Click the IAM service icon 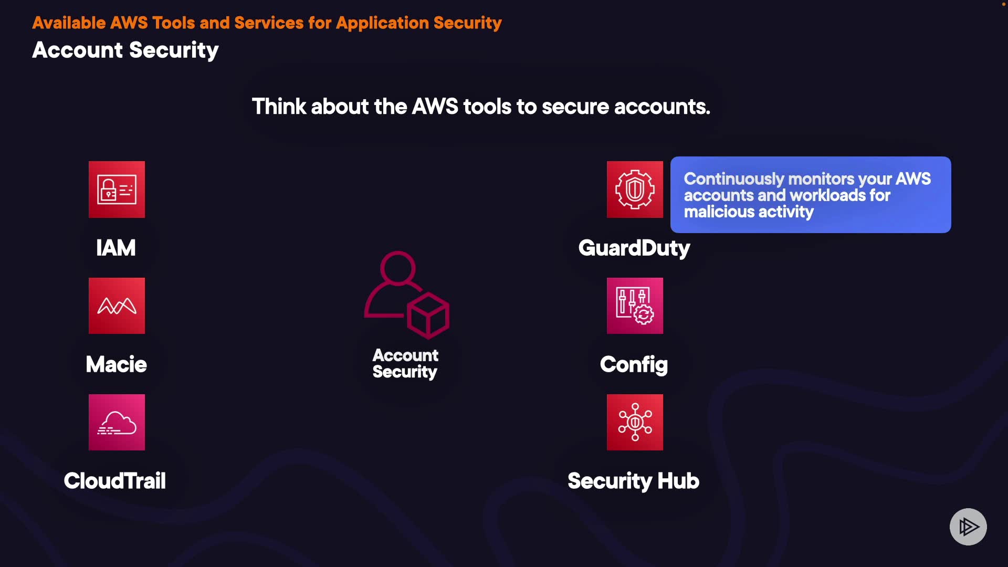[117, 190]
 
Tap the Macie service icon [117, 306]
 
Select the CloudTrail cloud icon [117, 423]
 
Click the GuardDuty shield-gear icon [635, 190]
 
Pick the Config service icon [635, 306]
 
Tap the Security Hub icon [635, 423]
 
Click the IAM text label [115, 248]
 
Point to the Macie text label [116, 364]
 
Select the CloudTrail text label [114, 481]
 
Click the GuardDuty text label [634, 248]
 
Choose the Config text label [634, 364]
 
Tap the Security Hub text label [633, 481]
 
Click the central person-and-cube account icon [406, 295]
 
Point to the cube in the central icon [428, 316]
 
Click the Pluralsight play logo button [968, 527]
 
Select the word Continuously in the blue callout [733, 179]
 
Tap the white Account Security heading [125, 50]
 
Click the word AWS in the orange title [129, 23]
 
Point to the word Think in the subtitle [279, 107]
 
